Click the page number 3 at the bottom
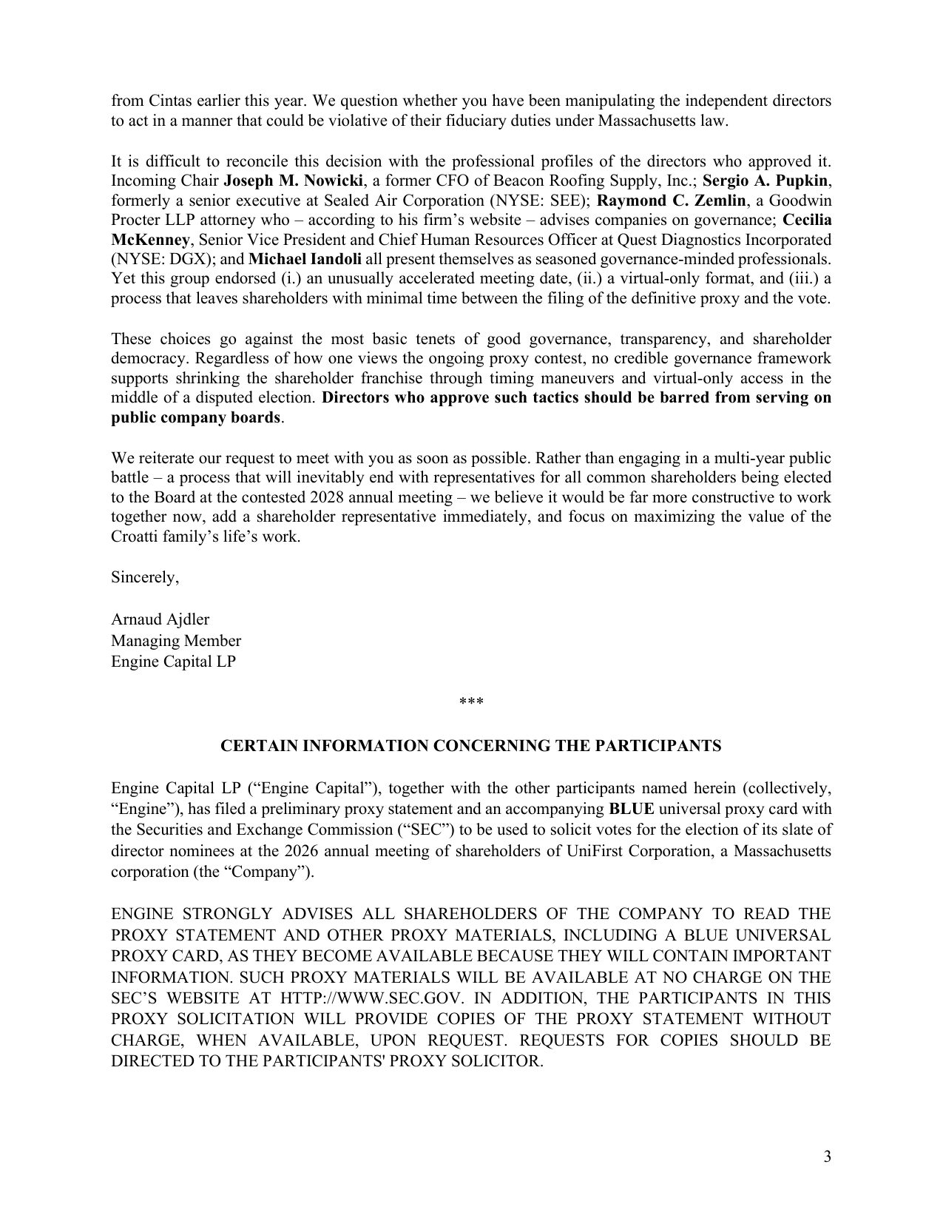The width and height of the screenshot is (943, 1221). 827,1157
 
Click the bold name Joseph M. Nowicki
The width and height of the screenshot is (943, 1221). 294,181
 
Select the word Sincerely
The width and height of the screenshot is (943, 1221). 144,576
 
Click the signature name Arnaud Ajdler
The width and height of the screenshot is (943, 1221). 160,619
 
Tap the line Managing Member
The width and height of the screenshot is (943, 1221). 176,640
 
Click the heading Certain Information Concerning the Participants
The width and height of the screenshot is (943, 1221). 471,746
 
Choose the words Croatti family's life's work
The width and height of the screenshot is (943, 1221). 206,536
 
